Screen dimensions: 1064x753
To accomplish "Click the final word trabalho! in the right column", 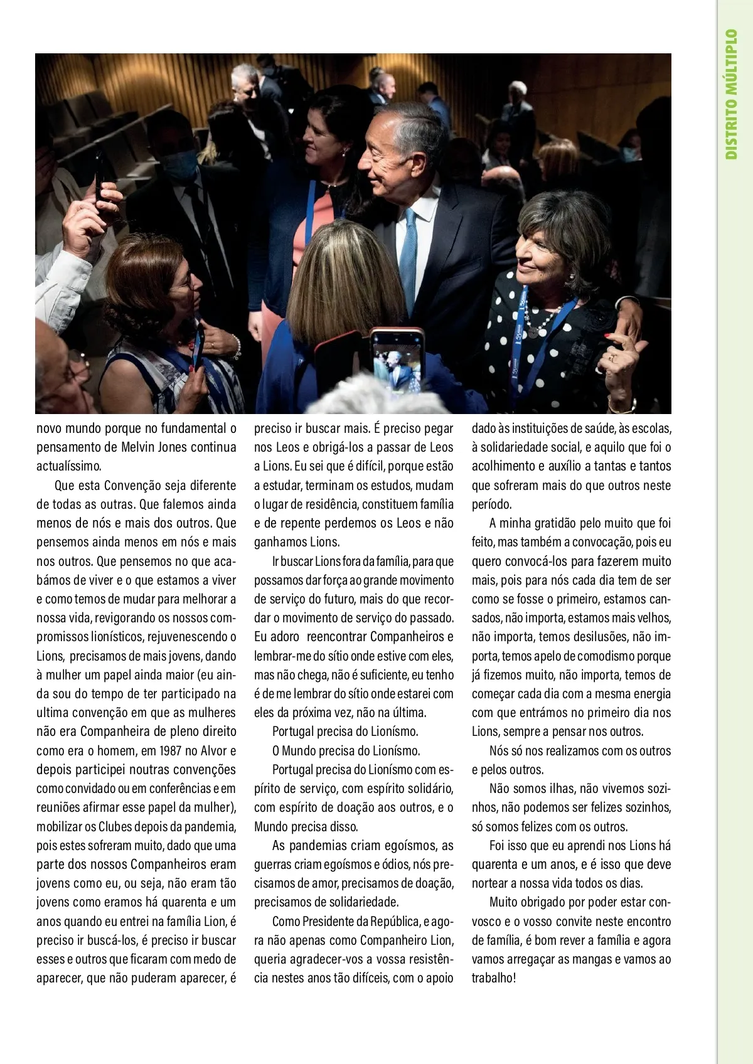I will (x=493, y=978).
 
